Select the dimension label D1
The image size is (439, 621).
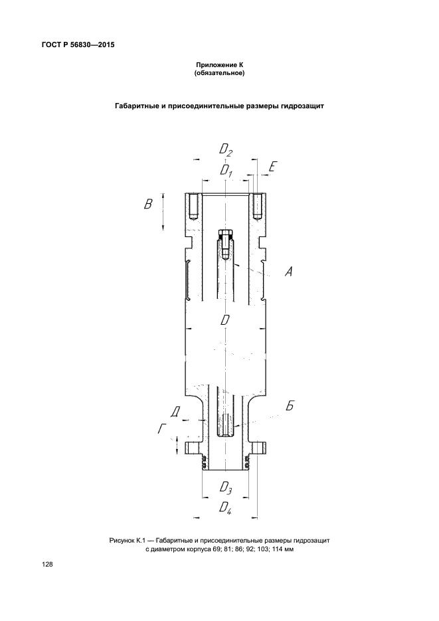[226, 171]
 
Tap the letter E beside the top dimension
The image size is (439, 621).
[271, 167]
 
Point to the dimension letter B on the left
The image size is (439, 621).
[148, 205]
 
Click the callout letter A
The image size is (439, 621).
[289, 271]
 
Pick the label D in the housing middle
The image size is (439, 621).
[225, 319]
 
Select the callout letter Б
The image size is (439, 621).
[290, 405]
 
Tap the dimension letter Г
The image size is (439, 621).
[162, 428]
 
